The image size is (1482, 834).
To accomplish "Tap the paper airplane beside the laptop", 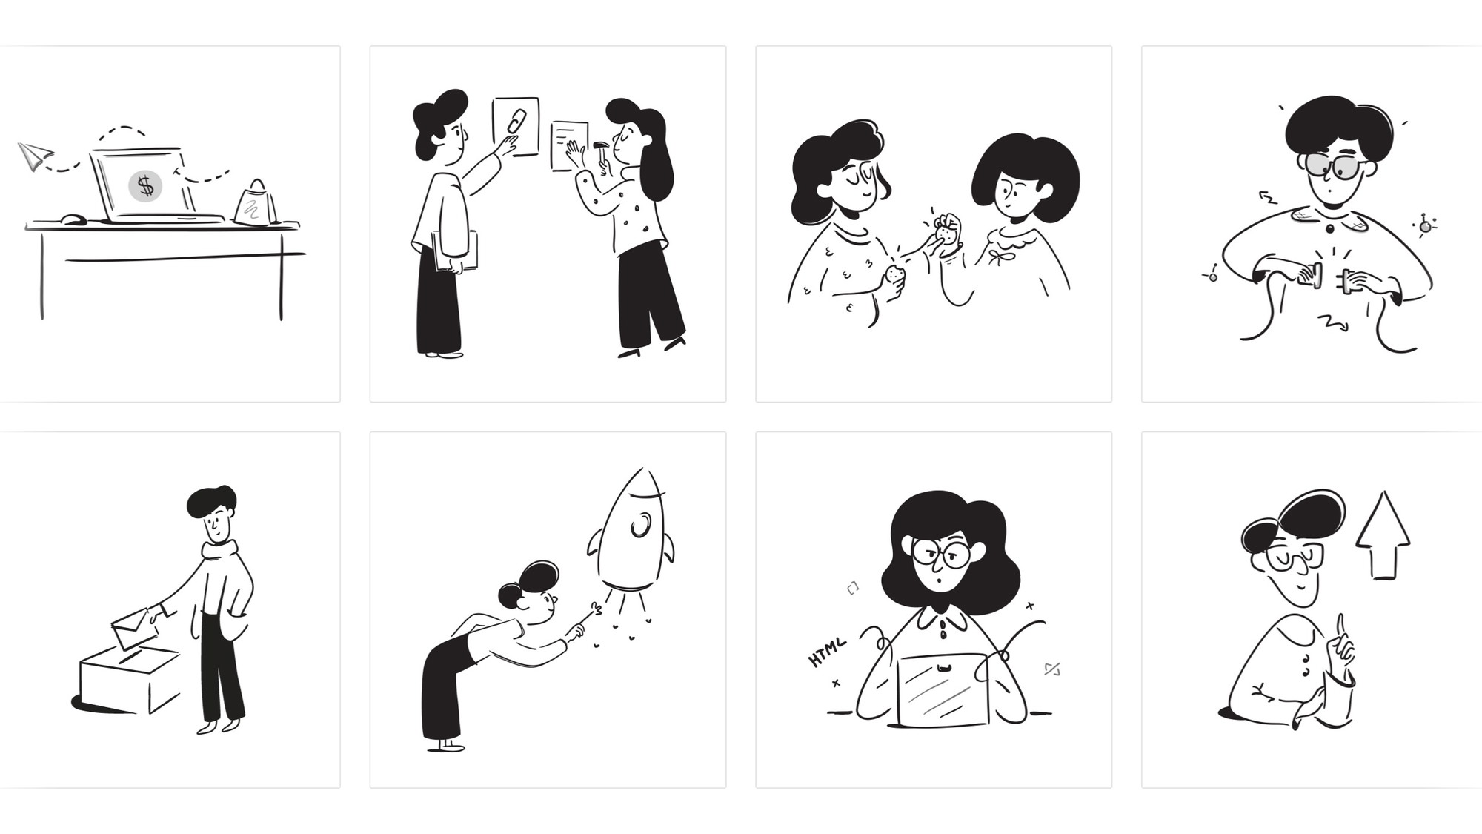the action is pyautogui.click(x=35, y=156).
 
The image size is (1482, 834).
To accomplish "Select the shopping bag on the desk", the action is pyautogui.click(x=255, y=202).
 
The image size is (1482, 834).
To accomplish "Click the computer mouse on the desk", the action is pyautogui.click(x=73, y=219).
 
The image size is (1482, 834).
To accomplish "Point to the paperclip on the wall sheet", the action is pyautogui.click(x=517, y=121).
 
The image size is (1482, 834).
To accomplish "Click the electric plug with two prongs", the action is pyautogui.click(x=1347, y=280).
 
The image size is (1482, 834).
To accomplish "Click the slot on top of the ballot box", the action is pyautogui.click(x=130, y=657).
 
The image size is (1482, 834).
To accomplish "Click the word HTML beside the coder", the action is pyautogui.click(x=827, y=652).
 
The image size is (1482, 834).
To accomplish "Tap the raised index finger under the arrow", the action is pyautogui.click(x=1340, y=627).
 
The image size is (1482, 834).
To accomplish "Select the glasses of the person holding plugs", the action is pyautogui.click(x=1334, y=166).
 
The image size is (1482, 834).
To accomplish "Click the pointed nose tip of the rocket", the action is pyautogui.click(x=642, y=469).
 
